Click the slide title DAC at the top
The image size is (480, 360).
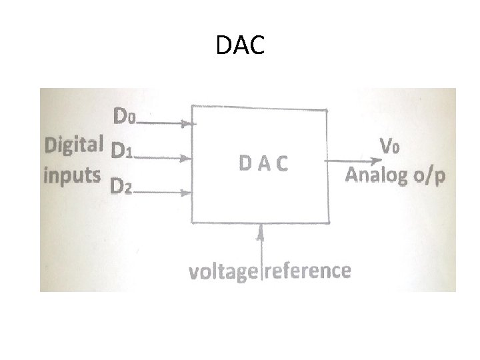tap(241, 46)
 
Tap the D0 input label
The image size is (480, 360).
tap(125, 117)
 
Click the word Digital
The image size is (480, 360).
tap(73, 143)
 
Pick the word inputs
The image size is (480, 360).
tap(71, 175)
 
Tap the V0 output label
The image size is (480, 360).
tap(389, 146)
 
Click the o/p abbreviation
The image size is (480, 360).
tap(427, 177)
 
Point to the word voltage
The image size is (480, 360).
tap(223, 272)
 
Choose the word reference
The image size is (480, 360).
tap(308, 271)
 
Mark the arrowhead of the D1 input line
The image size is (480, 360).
tap(189, 159)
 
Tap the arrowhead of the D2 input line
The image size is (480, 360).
tap(188, 193)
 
